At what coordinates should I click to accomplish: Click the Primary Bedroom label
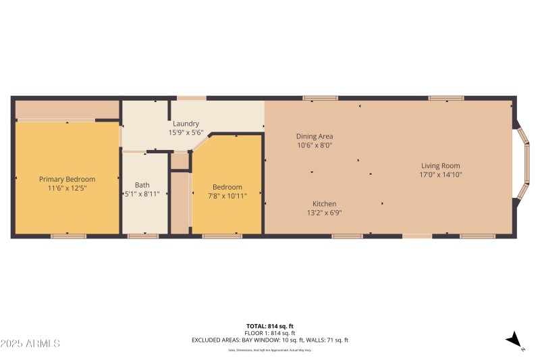pyautogui.click(x=67, y=179)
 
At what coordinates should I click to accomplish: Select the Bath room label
pyautogui.click(x=142, y=184)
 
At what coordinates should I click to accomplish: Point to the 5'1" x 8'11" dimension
pyautogui.click(x=142, y=195)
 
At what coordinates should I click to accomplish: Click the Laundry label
pyautogui.click(x=186, y=124)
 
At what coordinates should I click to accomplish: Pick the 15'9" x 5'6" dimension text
pyautogui.click(x=186, y=132)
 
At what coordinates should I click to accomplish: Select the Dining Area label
pyautogui.click(x=315, y=136)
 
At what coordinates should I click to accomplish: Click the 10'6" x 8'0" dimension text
pyautogui.click(x=315, y=145)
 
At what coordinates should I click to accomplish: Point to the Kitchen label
pyautogui.click(x=324, y=204)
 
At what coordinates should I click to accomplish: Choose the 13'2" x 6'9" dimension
pyautogui.click(x=324, y=213)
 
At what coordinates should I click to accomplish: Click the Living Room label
pyautogui.click(x=441, y=165)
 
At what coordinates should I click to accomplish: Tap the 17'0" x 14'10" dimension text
pyautogui.click(x=441, y=174)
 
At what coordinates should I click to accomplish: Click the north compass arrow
pyautogui.click(x=515, y=340)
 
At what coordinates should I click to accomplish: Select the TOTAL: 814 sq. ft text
pyautogui.click(x=270, y=326)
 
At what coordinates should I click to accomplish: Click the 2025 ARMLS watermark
pyautogui.click(x=30, y=344)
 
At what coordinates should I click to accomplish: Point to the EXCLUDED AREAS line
pyautogui.click(x=270, y=340)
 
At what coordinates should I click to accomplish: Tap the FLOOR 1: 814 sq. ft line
pyautogui.click(x=270, y=333)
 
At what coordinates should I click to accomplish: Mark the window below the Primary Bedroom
pyautogui.click(x=68, y=236)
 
